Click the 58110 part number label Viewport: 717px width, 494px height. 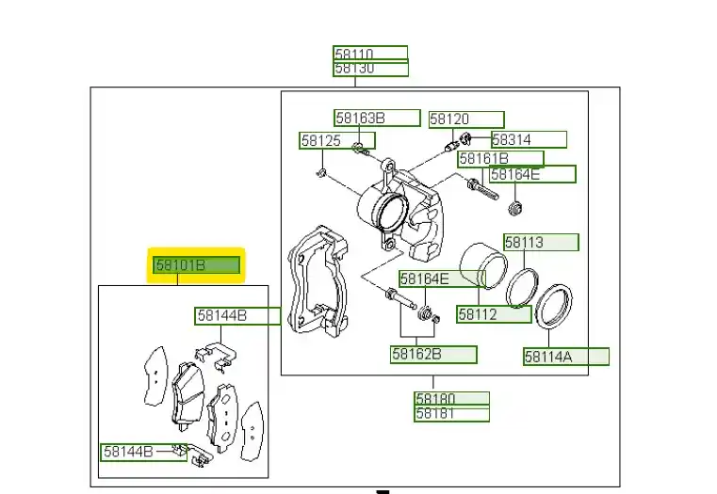point(370,53)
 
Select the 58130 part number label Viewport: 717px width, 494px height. point(370,69)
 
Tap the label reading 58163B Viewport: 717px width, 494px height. point(377,119)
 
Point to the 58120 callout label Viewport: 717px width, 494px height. point(466,120)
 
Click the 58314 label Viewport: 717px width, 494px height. point(528,139)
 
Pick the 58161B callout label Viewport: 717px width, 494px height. point(500,159)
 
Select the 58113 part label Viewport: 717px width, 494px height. point(540,243)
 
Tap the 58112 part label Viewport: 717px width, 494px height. point(494,315)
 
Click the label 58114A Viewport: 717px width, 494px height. point(566,357)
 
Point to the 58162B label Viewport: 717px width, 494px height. point(434,355)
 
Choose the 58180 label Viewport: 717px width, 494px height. point(451,399)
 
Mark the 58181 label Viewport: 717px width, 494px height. point(451,414)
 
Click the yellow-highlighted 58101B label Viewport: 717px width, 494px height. point(197,266)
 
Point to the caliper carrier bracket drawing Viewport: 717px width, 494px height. point(316,280)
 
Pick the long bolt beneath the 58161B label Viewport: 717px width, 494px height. point(481,191)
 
